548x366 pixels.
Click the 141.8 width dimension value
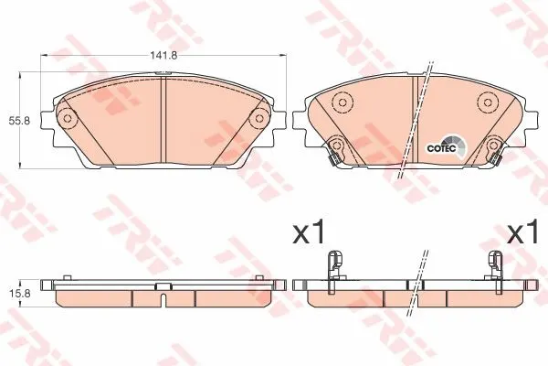(x=164, y=55)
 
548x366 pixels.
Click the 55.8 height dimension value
(x=18, y=121)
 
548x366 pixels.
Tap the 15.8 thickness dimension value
(x=18, y=293)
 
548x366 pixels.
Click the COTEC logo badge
(x=446, y=148)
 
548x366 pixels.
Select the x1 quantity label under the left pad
(x=309, y=231)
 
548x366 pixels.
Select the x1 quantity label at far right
(x=522, y=231)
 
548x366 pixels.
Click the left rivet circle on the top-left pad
(x=68, y=118)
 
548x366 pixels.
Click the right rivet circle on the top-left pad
(x=259, y=118)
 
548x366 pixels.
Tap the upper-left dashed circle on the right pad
(x=342, y=102)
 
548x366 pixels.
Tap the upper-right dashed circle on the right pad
(x=488, y=102)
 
